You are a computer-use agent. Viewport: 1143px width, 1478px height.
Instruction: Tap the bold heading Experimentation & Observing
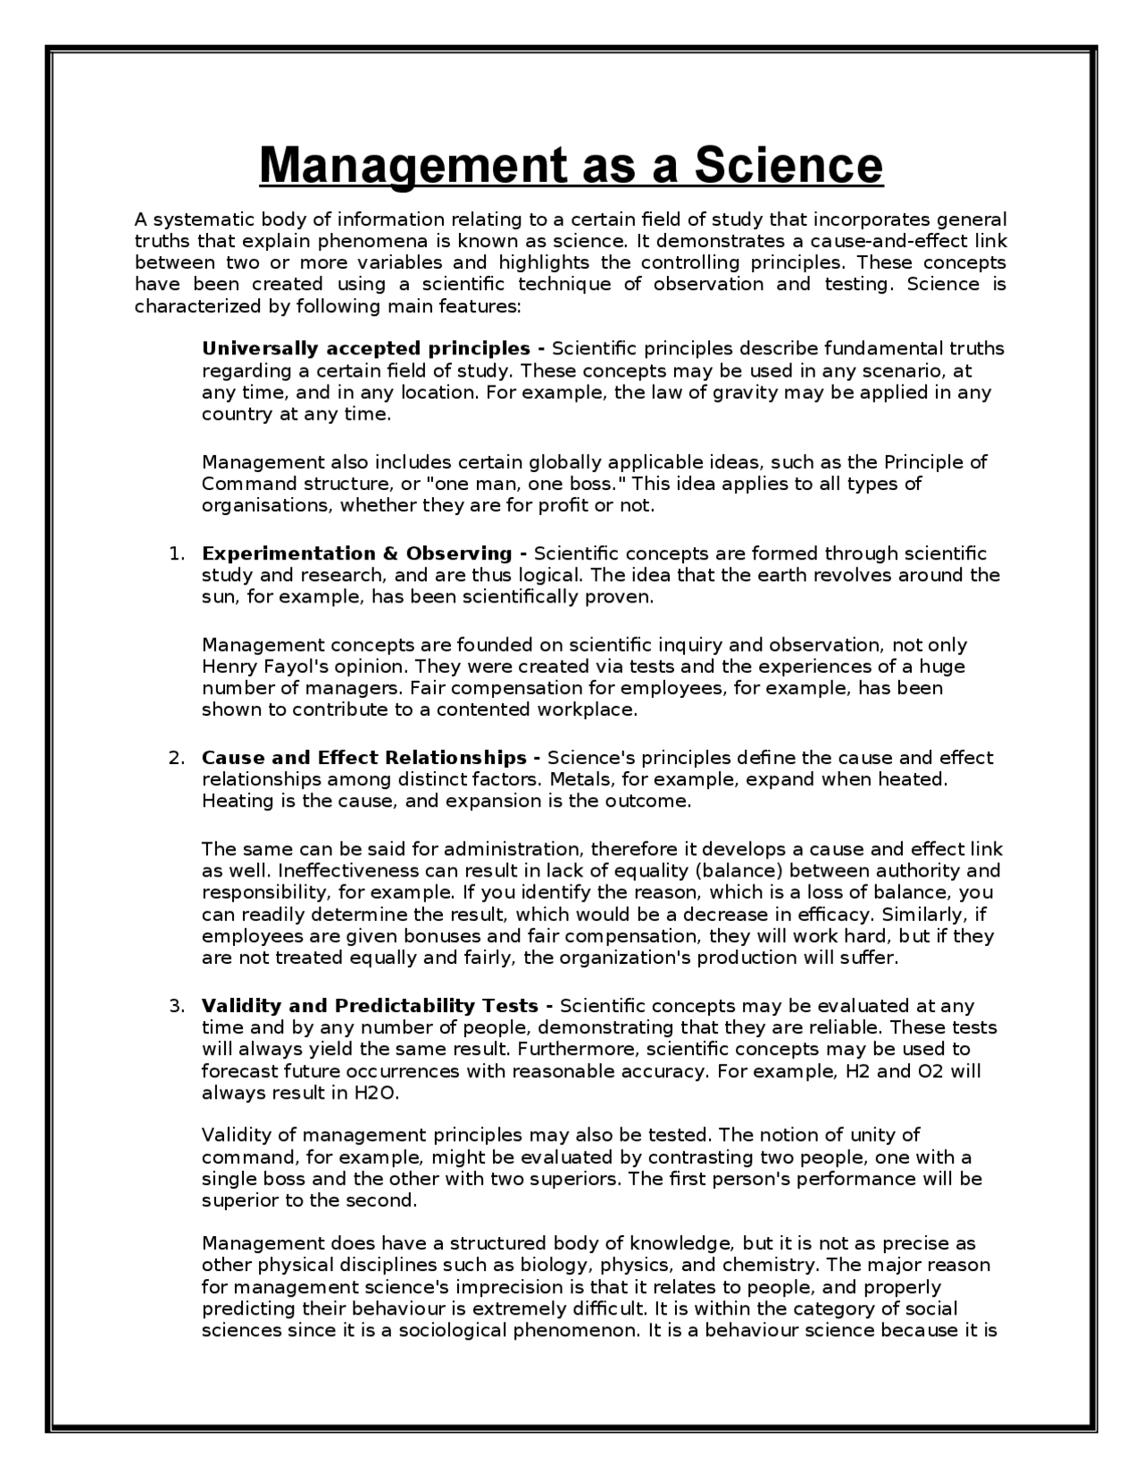click(357, 553)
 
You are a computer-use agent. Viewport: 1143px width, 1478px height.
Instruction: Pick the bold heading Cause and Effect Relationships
click(364, 758)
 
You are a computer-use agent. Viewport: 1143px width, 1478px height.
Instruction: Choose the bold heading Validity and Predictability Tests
click(371, 1006)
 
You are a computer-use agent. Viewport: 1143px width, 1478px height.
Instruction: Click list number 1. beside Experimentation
click(177, 553)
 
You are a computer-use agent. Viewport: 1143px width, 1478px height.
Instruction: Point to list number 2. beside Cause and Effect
click(177, 758)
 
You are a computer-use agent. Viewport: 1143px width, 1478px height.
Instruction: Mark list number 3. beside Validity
click(177, 1006)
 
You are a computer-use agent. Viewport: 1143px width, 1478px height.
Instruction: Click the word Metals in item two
click(577, 779)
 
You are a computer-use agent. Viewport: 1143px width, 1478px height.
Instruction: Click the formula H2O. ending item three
click(369, 1092)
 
